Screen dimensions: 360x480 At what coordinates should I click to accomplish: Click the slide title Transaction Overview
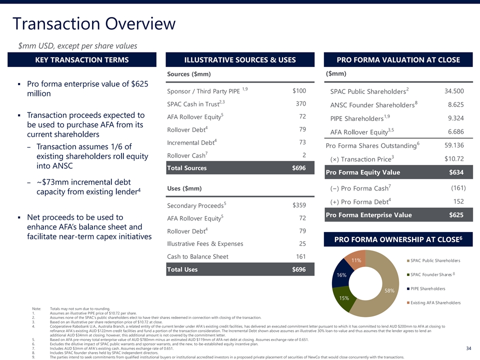(94, 23)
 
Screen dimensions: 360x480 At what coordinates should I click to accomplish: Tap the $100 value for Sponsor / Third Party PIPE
(299, 91)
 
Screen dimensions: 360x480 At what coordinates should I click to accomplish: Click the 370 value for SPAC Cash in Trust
(300, 104)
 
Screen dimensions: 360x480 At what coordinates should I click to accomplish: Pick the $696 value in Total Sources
(299, 168)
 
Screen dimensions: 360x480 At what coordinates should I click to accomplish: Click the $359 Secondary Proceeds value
(299, 205)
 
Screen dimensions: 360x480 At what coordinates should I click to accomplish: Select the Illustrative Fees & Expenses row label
(205, 243)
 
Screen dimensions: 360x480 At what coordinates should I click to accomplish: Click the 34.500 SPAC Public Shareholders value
(454, 91)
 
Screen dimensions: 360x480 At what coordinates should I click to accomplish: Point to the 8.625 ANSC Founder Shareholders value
(455, 105)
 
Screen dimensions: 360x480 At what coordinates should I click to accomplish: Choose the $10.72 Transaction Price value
(454, 159)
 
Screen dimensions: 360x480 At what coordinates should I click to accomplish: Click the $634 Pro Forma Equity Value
(456, 172)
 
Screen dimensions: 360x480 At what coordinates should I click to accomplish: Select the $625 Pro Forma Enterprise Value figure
(456, 215)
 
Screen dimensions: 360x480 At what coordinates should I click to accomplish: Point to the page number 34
(468, 348)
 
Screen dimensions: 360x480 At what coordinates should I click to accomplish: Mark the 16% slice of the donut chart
(341, 275)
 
